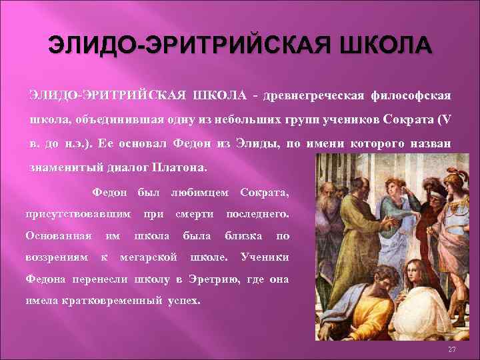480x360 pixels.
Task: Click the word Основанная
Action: (58, 235)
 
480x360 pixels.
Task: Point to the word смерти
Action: (194, 214)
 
